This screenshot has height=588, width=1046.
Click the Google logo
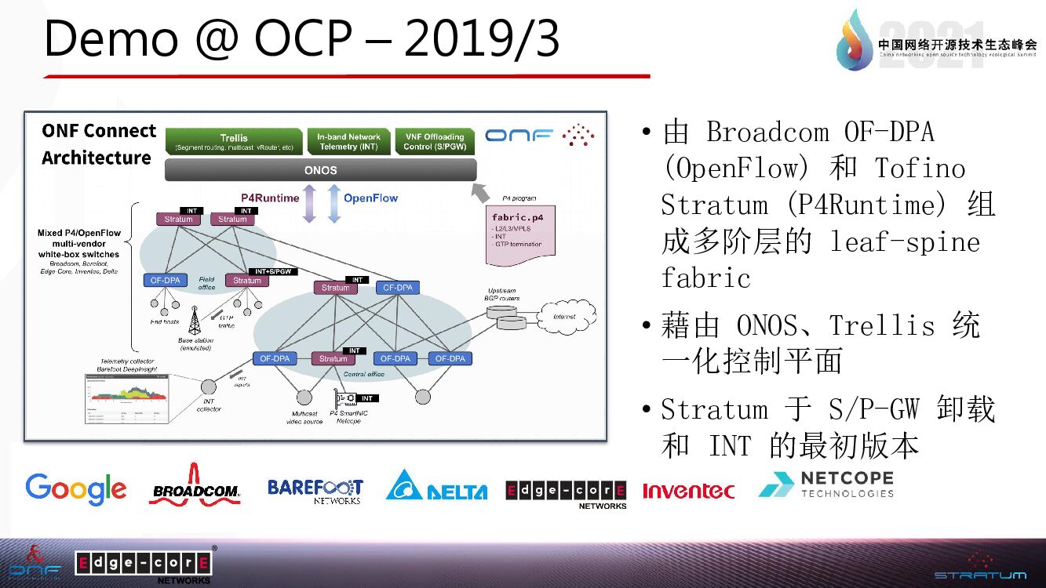(x=75, y=488)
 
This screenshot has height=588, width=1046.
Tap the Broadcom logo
(x=195, y=485)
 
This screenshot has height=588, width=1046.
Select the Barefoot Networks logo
(x=315, y=490)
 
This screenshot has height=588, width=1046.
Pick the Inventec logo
(x=688, y=491)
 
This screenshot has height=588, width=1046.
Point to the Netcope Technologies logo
(x=826, y=485)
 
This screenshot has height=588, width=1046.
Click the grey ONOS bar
(x=320, y=169)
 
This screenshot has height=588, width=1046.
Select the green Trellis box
(x=234, y=141)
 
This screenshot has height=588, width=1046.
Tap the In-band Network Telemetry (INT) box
(x=348, y=141)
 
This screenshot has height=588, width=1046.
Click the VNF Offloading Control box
(x=435, y=141)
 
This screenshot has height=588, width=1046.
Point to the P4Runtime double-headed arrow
(x=309, y=202)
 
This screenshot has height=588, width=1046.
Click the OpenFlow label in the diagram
(x=370, y=198)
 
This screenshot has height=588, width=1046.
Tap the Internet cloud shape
(x=564, y=317)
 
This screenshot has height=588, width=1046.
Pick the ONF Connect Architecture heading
(x=98, y=143)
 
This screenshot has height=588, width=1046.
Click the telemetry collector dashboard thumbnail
(x=127, y=399)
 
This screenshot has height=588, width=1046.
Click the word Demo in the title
(x=111, y=39)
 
